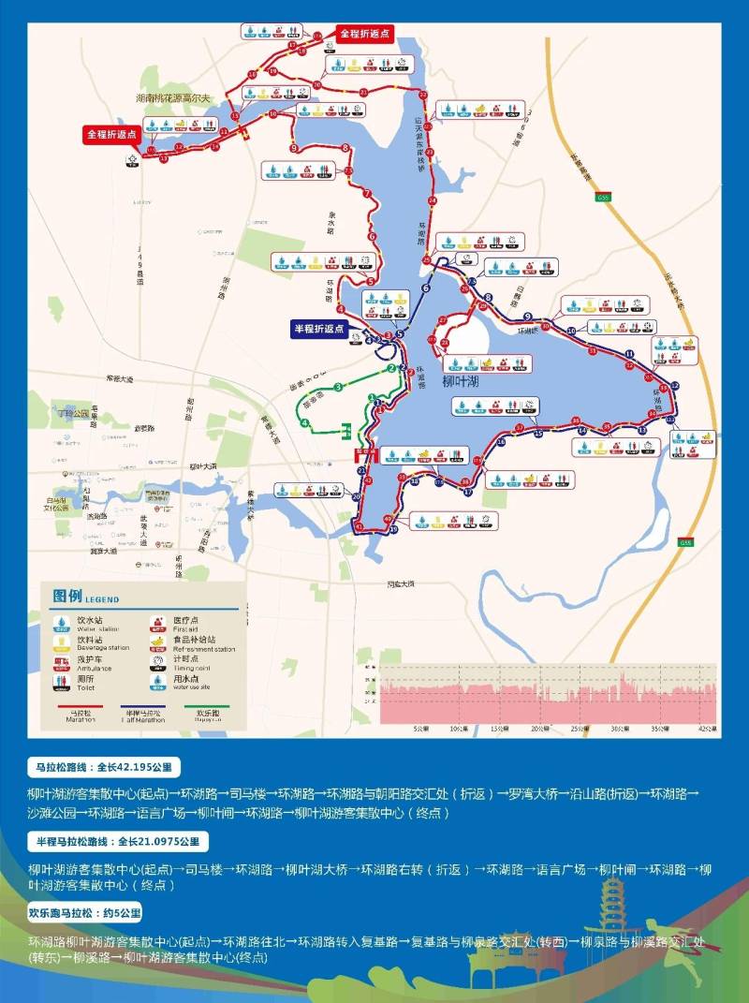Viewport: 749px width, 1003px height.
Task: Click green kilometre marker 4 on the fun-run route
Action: tap(305, 423)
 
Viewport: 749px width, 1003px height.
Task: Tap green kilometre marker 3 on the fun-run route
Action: tap(337, 387)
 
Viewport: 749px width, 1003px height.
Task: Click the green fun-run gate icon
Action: tap(347, 430)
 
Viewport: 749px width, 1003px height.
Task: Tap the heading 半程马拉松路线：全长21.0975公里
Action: tap(117, 840)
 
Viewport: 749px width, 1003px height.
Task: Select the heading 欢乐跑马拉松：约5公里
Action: tap(97, 912)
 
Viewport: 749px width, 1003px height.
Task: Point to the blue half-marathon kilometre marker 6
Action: tap(425, 288)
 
